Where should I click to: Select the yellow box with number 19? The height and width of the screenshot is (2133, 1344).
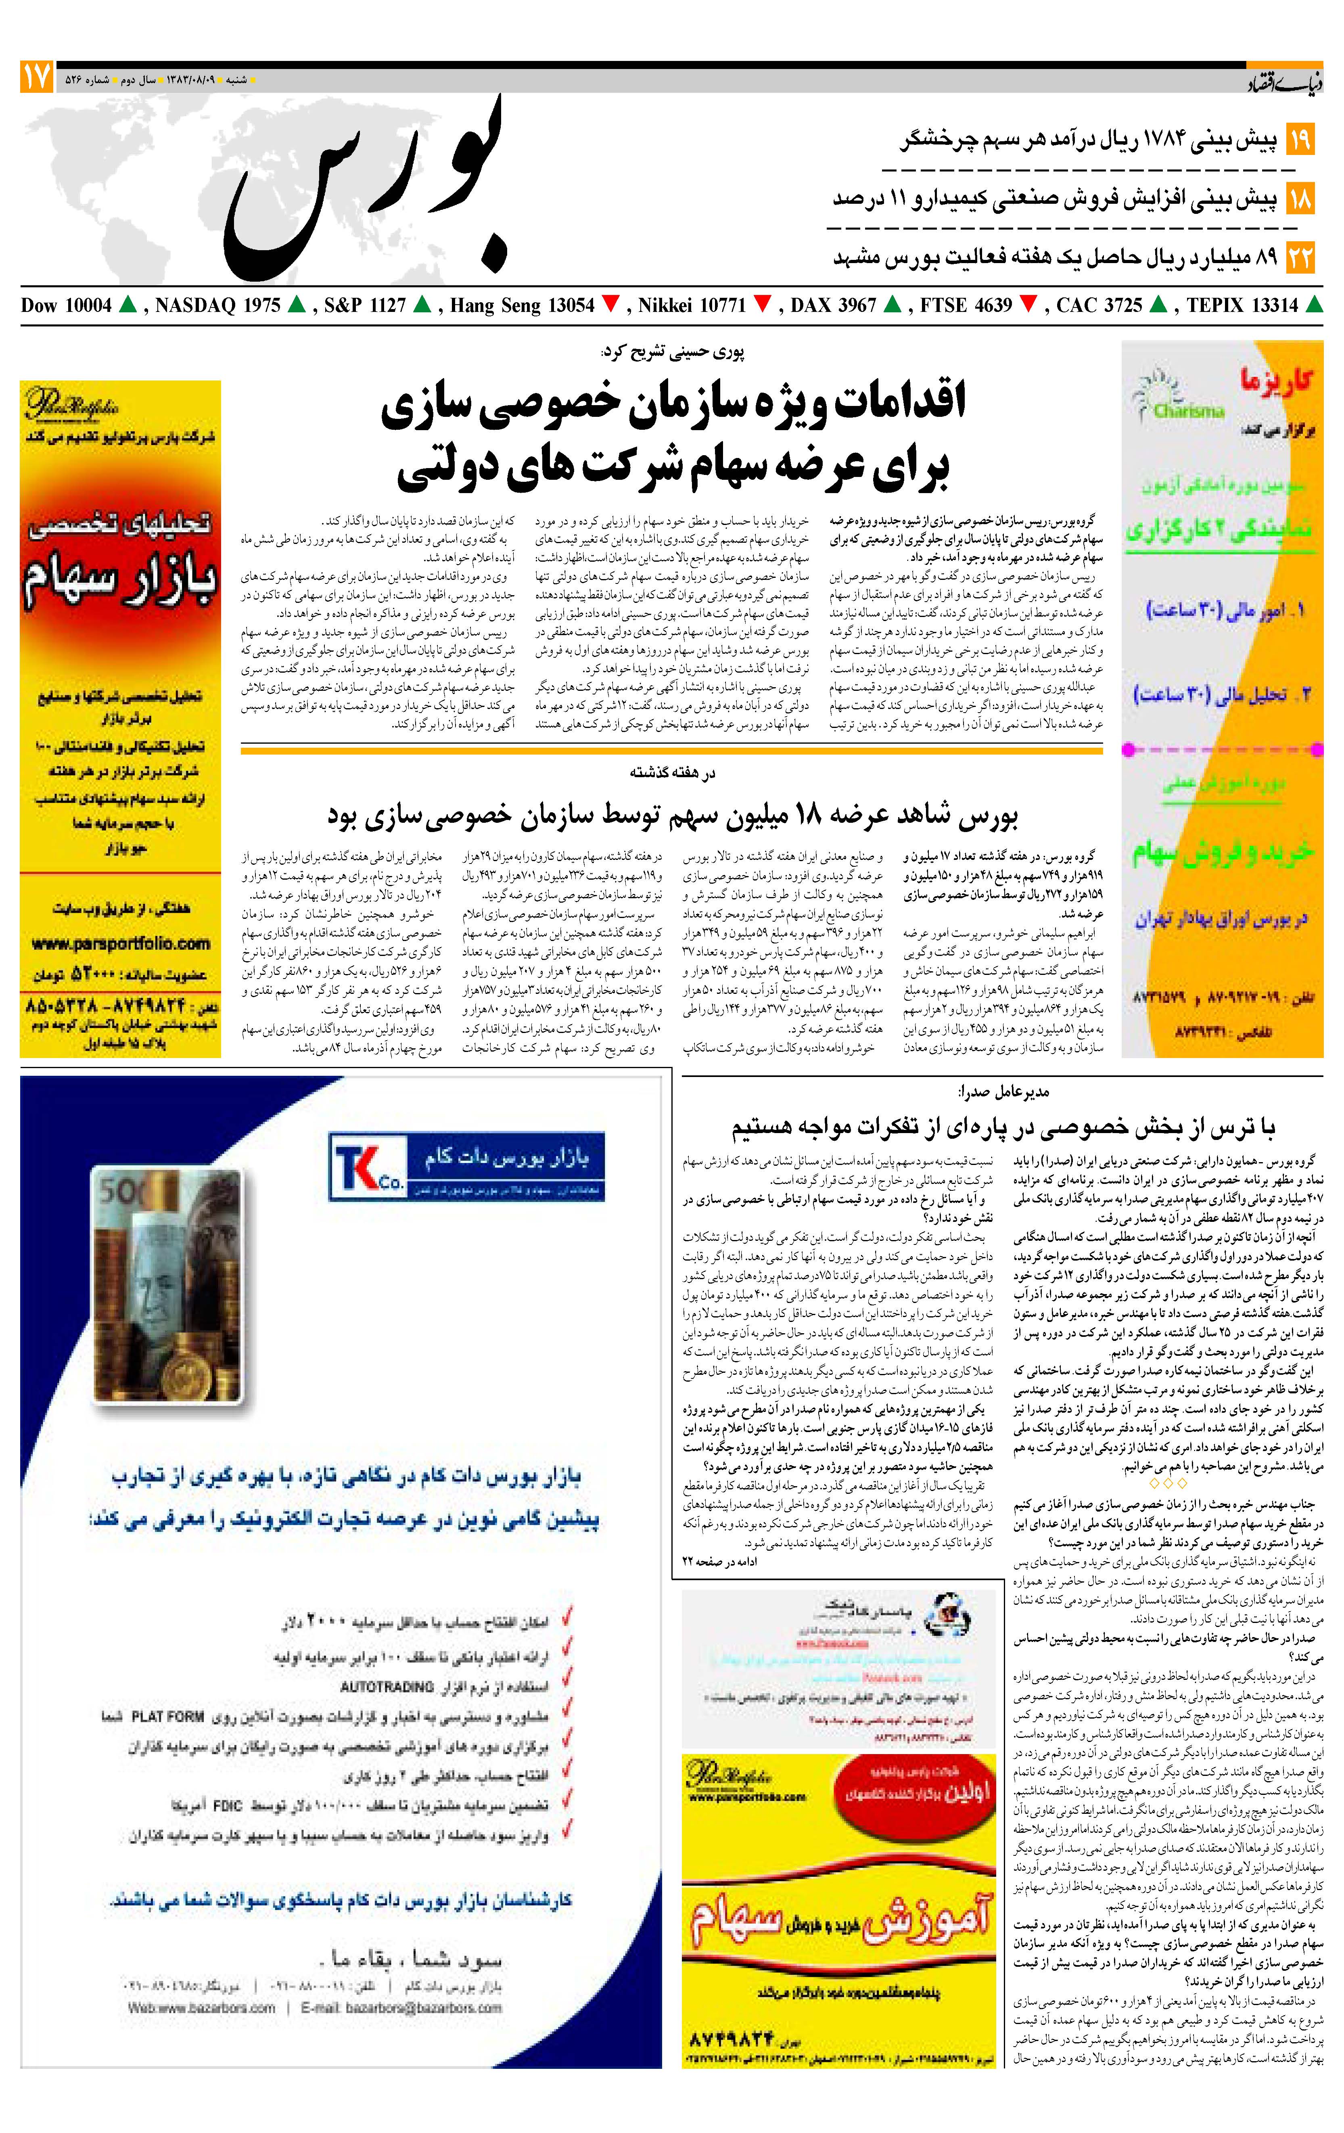click(1300, 140)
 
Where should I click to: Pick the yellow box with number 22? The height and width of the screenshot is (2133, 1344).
click(1300, 258)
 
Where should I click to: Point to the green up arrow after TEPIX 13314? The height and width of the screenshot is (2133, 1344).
click(1314, 305)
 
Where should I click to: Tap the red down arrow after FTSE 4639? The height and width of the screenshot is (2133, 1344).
click(1028, 305)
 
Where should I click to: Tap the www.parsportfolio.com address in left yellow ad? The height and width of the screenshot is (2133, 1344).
click(121, 944)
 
